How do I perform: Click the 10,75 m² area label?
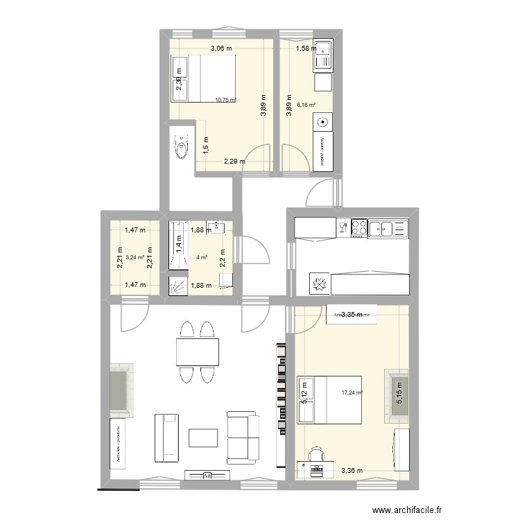225,100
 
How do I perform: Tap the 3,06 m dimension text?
222,49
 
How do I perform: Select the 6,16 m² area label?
306,105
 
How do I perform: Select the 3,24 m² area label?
135,257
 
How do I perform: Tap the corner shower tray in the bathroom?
178,285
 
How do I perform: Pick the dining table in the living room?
198,352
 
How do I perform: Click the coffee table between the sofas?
203,437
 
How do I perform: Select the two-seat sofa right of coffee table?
242,437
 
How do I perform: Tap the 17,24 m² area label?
351,392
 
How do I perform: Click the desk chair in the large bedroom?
317,454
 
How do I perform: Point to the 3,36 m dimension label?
352,471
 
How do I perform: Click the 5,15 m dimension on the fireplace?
398,396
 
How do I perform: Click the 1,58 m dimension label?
306,49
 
